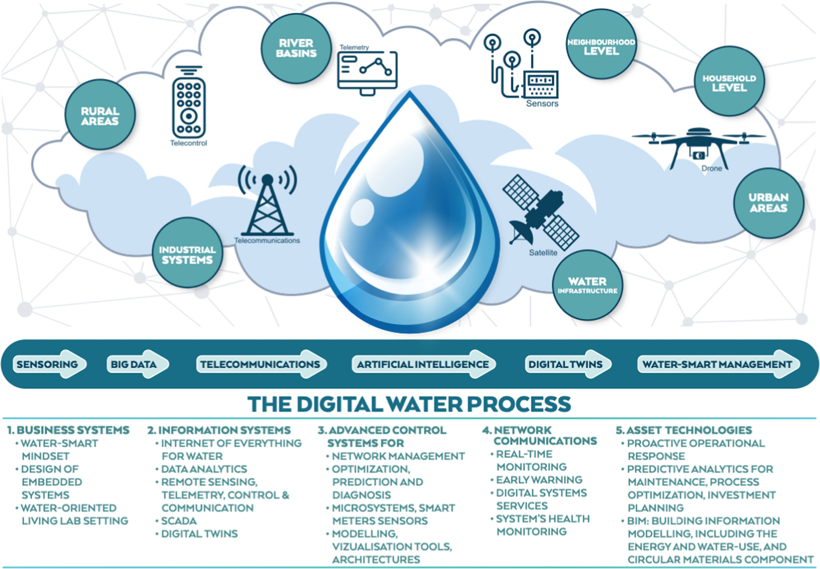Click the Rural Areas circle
coord(100,115)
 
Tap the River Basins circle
coord(296,48)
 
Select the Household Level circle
coord(729,82)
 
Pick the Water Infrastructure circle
coord(587,285)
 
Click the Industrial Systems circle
coord(187,254)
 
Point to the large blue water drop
coord(410,218)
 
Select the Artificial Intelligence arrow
coord(423,364)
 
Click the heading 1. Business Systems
coord(68,430)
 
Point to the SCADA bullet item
coord(179,521)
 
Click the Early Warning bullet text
coord(539,479)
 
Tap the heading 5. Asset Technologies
coord(684,430)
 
